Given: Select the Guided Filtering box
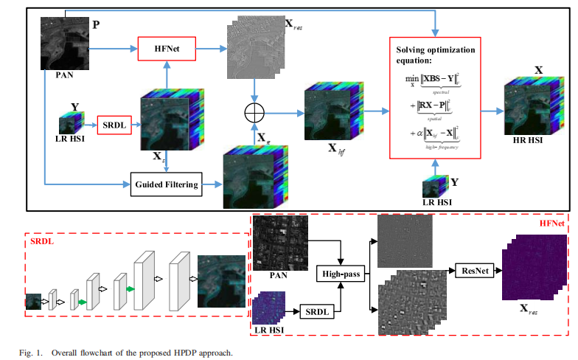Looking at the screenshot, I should [x=167, y=184].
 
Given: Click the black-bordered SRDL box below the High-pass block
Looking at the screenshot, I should [x=319, y=312].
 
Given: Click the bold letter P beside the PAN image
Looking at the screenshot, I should [x=95, y=24].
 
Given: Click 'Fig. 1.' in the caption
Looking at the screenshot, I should [x=27, y=353].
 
